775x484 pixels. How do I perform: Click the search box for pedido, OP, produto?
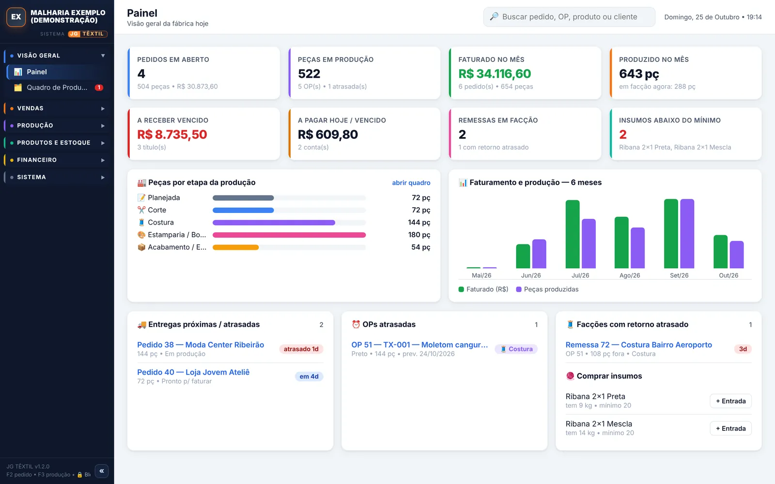pos(569,16)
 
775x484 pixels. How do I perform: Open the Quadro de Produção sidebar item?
pos(57,88)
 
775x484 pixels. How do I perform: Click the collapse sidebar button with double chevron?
pos(102,471)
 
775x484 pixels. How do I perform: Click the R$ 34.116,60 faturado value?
pos(495,74)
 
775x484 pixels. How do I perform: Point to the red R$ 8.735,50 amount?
pos(172,135)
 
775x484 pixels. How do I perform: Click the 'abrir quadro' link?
pos(411,182)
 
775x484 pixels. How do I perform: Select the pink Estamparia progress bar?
pos(289,235)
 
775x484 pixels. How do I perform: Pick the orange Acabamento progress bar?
pos(235,247)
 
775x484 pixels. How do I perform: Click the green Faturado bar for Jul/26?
pos(572,234)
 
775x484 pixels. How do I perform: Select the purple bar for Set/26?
pos(687,234)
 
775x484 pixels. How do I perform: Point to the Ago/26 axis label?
pos(630,275)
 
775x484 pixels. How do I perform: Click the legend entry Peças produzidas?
pos(547,289)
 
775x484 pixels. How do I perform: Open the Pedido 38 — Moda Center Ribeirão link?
pos(201,345)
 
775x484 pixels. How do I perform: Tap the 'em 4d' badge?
pos(309,377)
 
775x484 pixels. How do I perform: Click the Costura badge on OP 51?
pos(516,349)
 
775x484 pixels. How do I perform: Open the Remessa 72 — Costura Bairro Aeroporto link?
pos(639,345)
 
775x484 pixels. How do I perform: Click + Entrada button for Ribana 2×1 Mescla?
pos(731,428)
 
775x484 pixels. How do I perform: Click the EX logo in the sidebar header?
pos(16,17)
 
